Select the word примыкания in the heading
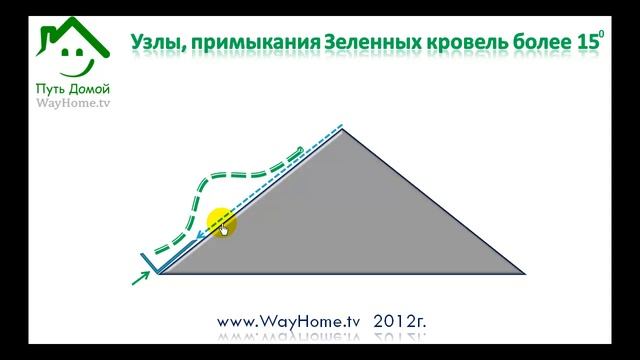(x=249, y=42)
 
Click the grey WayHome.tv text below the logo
(x=71, y=103)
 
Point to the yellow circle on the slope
(x=220, y=223)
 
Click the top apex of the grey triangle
(x=344, y=128)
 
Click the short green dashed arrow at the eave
(x=141, y=277)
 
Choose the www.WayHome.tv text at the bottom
(x=288, y=322)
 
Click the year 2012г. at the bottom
(x=400, y=322)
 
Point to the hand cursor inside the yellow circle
(x=224, y=229)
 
